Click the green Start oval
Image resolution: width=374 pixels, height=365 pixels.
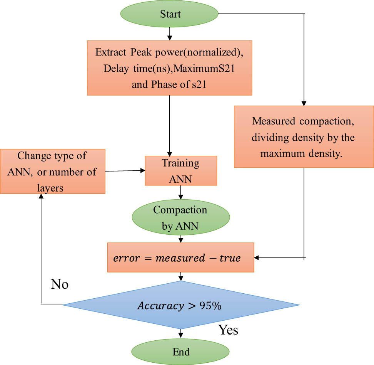tap(170, 14)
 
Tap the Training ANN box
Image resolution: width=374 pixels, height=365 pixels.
tap(180, 170)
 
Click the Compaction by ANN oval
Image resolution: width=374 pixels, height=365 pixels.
tap(180, 218)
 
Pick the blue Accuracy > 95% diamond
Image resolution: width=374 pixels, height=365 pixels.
tap(181, 305)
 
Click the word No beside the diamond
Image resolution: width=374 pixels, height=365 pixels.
tap(60, 284)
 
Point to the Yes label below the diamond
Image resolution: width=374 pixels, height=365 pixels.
tap(228, 330)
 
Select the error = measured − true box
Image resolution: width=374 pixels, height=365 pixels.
tap(180, 258)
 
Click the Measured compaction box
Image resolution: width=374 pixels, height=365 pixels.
tap(304, 136)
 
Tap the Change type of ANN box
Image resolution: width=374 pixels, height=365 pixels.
tap(53, 171)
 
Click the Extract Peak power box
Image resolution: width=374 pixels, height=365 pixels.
tap(170, 68)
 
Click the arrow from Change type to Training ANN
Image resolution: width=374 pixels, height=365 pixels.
tap(125, 171)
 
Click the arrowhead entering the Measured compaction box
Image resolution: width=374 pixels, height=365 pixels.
tap(304, 103)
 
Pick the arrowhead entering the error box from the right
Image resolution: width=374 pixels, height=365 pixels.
tap(257, 257)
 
